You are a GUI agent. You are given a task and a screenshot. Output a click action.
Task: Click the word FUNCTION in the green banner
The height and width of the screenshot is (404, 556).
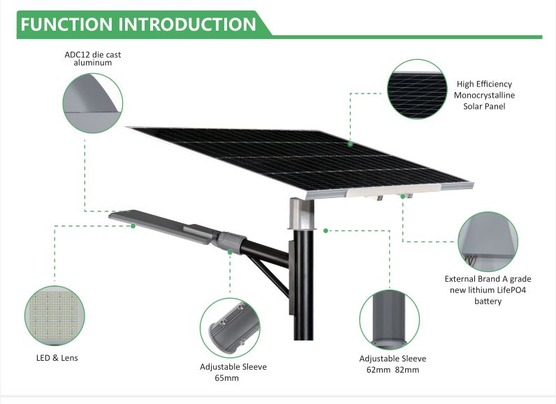click(x=66, y=24)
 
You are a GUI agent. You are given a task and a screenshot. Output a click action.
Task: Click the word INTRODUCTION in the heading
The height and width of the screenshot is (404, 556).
click(x=187, y=24)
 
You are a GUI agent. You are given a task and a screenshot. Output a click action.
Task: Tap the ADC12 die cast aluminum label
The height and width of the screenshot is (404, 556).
click(x=92, y=59)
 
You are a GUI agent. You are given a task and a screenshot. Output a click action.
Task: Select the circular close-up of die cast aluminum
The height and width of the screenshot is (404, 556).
click(x=92, y=103)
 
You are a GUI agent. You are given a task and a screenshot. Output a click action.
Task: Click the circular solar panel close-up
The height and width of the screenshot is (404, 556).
click(x=417, y=89)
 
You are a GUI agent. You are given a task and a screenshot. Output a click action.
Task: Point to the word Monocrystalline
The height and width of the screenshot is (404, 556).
click(x=484, y=96)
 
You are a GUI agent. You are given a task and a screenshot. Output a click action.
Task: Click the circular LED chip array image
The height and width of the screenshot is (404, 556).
click(x=54, y=315)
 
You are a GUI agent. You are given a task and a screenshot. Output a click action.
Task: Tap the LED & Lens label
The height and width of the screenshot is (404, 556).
click(x=57, y=358)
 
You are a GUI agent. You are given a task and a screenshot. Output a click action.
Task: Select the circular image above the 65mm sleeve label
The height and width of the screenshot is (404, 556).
click(x=230, y=328)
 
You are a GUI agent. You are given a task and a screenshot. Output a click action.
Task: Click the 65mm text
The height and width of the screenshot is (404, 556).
click(x=226, y=377)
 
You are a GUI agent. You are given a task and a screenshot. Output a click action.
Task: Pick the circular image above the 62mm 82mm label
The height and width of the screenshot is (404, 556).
click(x=389, y=320)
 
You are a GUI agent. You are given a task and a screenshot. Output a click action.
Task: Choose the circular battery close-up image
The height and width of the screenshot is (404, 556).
click(x=488, y=242)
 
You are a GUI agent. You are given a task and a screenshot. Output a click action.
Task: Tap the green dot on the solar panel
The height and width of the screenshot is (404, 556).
click(x=351, y=144)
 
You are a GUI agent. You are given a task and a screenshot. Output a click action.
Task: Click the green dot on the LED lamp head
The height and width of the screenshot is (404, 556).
click(x=133, y=225)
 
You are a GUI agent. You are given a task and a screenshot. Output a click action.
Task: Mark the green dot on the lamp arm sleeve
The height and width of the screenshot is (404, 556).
click(x=230, y=252)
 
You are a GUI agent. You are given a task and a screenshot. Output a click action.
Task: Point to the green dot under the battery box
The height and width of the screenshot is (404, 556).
click(x=403, y=196)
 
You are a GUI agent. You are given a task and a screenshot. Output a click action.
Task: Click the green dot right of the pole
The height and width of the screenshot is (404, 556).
click(x=325, y=231)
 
